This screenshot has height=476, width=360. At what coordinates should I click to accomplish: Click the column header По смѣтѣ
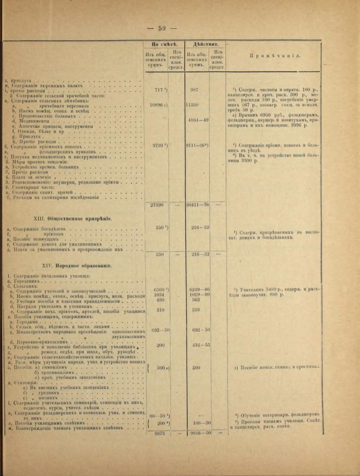pyautogui.click(x=162, y=44)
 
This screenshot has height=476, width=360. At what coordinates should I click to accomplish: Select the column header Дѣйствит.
pyautogui.click(x=204, y=44)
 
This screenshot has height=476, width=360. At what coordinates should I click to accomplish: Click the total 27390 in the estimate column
pyautogui.click(x=156, y=204)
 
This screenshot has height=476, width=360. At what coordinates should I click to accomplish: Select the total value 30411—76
pyautogui.click(x=197, y=204)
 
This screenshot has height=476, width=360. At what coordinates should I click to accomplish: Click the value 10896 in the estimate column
pyautogui.click(x=158, y=105)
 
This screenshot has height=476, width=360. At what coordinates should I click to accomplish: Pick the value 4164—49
pyautogui.click(x=198, y=120)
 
